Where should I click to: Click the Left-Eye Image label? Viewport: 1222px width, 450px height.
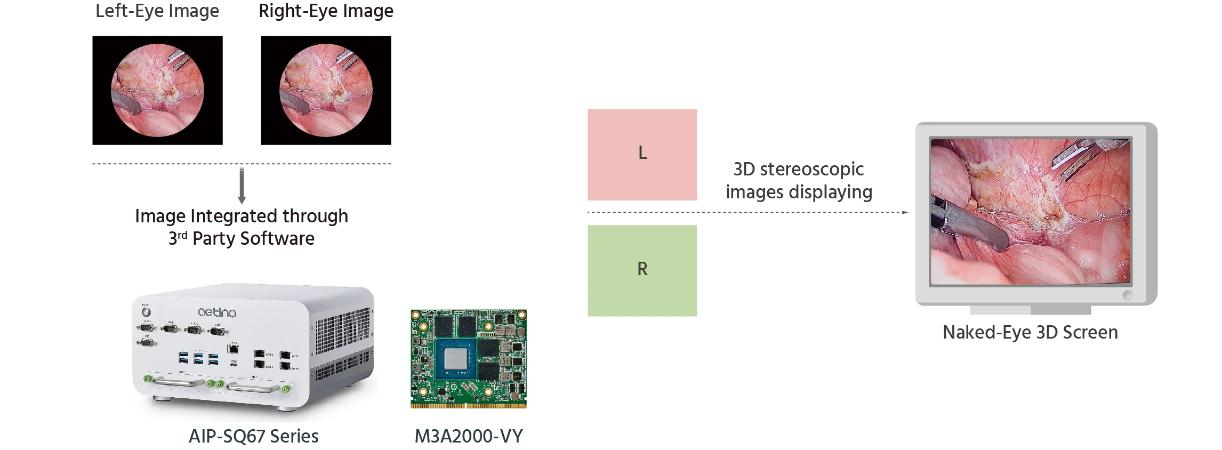click(x=157, y=11)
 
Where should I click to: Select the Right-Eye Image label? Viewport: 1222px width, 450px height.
click(x=326, y=11)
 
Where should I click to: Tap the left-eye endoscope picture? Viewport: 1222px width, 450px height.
click(x=157, y=90)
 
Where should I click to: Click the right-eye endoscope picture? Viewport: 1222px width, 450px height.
click(x=326, y=90)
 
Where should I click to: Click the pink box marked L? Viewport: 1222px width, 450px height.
click(x=642, y=155)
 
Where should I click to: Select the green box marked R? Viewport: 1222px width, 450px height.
click(x=642, y=270)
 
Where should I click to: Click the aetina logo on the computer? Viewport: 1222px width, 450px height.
click(x=217, y=312)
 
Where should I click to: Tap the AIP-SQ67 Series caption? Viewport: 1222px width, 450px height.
click(x=253, y=436)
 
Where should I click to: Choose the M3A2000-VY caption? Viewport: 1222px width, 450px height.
click(x=469, y=436)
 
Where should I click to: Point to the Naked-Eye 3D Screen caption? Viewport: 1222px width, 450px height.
click(x=1030, y=332)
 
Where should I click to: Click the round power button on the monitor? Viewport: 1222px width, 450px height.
click(x=1127, y=295)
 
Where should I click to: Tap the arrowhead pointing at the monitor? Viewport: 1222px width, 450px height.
click(x=905, y=212)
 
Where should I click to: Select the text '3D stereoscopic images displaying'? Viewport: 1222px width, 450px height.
click(x=799, y=180)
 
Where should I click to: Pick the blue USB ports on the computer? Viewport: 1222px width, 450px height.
click(x=198, y=359)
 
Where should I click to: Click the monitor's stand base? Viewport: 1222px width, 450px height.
click(x=1030, y=310)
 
